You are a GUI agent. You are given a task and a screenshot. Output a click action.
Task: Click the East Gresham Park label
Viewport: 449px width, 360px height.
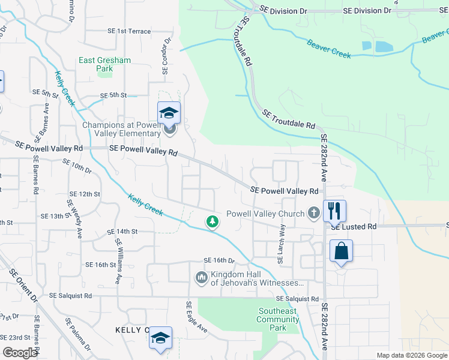[x=96, y=64]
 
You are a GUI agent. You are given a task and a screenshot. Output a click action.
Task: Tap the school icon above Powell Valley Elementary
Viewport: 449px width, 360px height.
[x=169, y=113]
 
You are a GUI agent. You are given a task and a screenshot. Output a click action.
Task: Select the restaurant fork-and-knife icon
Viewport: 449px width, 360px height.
[x=334, y=211]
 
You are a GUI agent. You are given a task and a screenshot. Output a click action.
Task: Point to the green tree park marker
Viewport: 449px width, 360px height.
[x=212, y=221]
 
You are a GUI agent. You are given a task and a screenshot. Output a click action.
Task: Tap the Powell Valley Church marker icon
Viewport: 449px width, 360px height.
[x=313, y=213]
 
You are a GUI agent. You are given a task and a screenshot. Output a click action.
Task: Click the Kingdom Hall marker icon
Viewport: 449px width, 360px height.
[x=202, y=278]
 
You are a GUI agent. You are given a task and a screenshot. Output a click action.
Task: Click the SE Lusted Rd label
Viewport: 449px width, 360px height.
[x=353, y=227]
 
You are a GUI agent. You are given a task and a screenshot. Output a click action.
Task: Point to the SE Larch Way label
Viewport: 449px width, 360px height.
[x=280, y=244]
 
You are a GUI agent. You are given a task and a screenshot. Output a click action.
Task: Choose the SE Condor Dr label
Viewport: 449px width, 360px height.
[x=166, y=57]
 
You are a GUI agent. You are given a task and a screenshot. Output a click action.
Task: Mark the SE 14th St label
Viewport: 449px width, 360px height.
[x=122, y=231]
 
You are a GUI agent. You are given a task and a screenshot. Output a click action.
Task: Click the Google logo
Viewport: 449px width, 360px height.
[x=20, y=353]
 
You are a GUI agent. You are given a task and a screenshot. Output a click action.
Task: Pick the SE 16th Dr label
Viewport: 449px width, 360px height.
[x=218, y=260]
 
